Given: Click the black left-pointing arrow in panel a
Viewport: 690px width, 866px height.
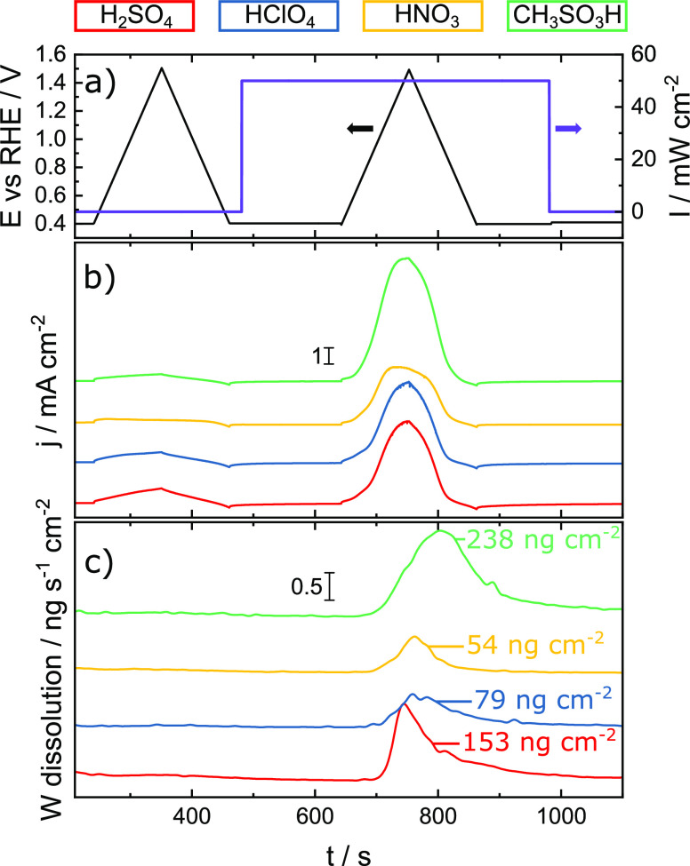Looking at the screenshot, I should (360, 130).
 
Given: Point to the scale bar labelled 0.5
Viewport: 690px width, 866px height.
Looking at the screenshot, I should (331, 586).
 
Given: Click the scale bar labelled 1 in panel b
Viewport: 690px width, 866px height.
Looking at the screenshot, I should (330, 356).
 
